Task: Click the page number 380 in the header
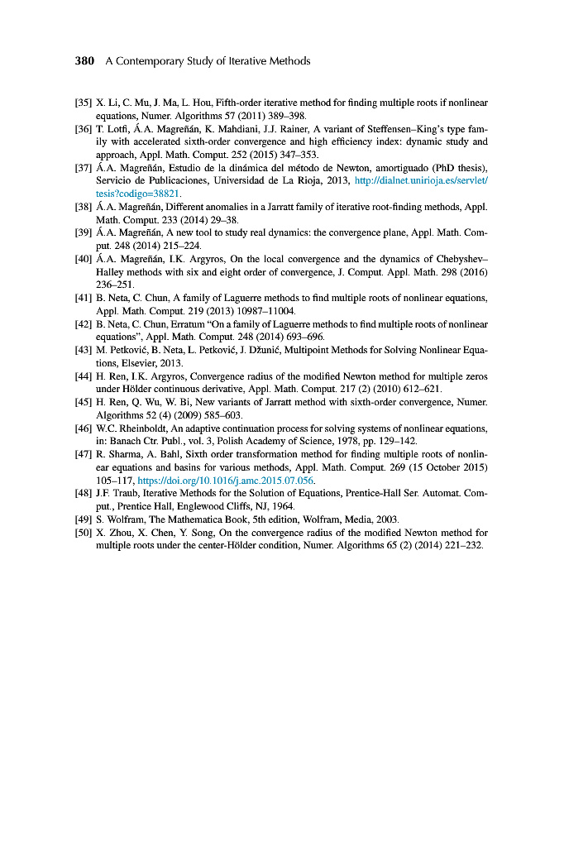pyautogui.click(x=85, y=61)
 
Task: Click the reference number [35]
pyautogui.click(x=84, y=103)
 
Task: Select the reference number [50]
pyautogui.click(x=84, y=532)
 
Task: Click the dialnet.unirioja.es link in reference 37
pyautogui.click(x=421, y=179)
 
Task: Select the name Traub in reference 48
pyautogui.click(x=121, y=494)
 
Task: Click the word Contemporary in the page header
pyautogui.click(x=153, y=61)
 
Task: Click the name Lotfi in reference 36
pyautogui.click(x=115, y=129)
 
